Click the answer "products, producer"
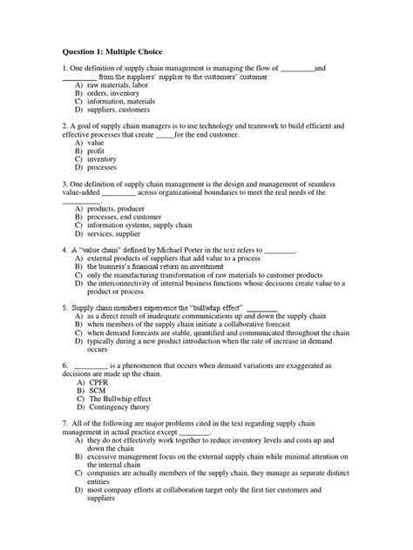click(x=117, y=210)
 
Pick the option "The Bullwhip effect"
click(x=120, y=399)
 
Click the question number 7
click(x=65, y=424)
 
